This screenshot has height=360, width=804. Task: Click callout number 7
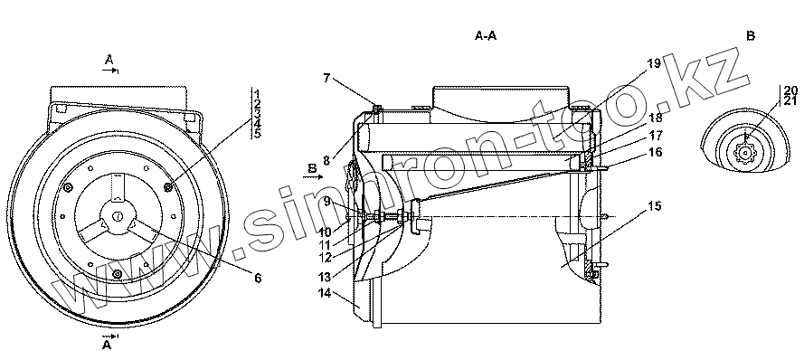327,79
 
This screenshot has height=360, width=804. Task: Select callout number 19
653,63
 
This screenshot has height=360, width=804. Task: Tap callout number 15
654,206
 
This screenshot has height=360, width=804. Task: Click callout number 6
258,278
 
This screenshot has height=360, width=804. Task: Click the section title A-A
486,36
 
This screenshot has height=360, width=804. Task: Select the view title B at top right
751,36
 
